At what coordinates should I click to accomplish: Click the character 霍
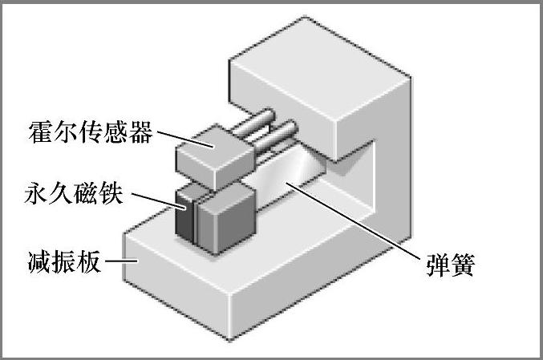click(40, 132)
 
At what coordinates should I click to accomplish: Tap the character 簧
click(466, 265)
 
